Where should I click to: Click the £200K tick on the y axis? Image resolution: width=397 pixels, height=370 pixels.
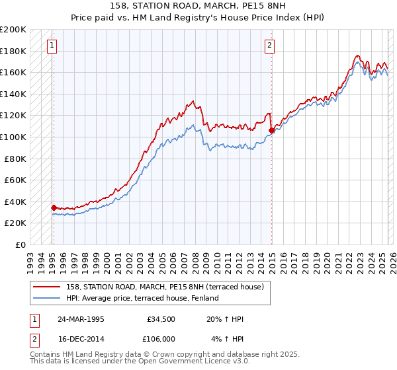tap(13, 30)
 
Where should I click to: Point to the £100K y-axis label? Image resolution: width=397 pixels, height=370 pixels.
tap(13, 137)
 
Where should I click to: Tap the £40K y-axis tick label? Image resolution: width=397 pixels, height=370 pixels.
tap(15, 202)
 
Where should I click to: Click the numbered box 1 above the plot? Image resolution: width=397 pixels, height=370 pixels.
tap(52, 46)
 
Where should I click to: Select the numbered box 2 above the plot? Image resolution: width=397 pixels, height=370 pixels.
tap(270, 46)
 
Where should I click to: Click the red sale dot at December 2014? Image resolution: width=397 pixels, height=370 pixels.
tap(271, 131)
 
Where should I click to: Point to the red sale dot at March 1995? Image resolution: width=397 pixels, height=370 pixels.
tap(54, 207)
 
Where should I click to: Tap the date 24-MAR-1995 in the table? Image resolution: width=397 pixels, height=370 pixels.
tap(81, 319)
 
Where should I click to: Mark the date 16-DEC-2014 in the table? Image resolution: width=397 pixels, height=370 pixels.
tap(81, 338)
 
